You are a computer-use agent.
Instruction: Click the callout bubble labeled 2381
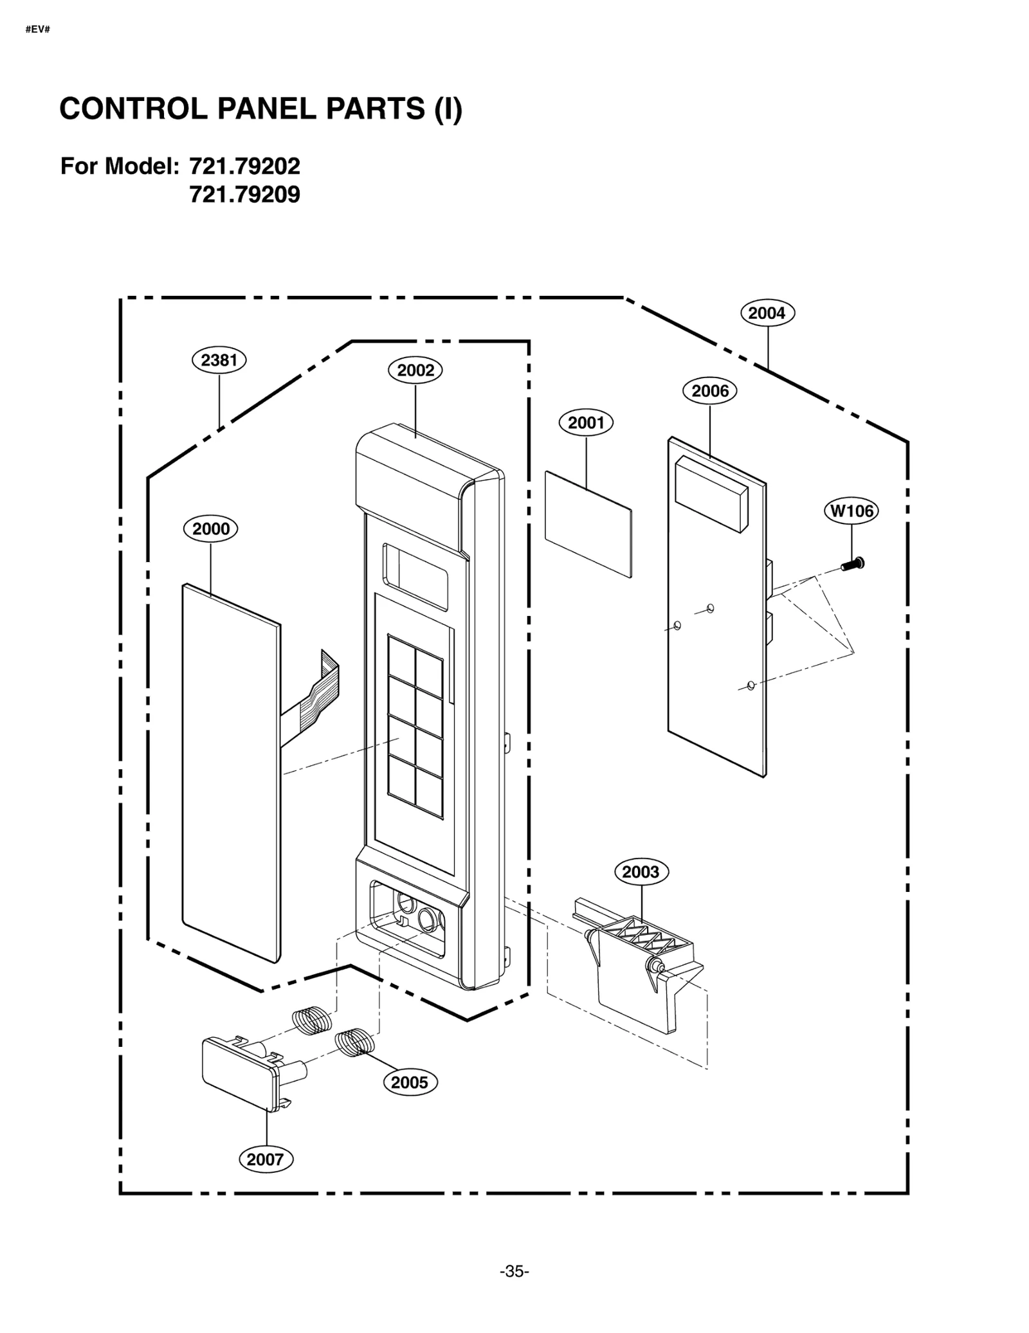pos(219,360)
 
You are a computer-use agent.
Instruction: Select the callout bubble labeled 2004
pos(767,313)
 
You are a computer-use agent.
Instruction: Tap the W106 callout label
pos(851,511)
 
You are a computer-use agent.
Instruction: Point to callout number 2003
pos(641,872)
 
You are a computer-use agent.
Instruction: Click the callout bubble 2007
pos(265,1159)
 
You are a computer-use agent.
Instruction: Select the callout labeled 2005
pos(410,1082)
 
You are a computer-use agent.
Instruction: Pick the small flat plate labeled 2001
pos(588,524)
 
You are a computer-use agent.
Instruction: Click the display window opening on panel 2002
pos(415,577)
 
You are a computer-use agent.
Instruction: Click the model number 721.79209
pos(244,194)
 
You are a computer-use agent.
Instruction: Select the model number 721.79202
pos(244,167)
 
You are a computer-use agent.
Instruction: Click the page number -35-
pos(514,1271)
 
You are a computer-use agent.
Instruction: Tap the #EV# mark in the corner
pos(37,30)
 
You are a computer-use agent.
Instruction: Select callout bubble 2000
pos(210,529)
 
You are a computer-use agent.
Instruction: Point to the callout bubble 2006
pos(709,391)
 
